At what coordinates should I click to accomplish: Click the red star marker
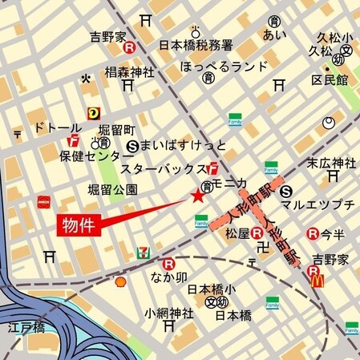197,196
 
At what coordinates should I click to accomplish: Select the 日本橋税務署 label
196,45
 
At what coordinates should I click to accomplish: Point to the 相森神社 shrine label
129,72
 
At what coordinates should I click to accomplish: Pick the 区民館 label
330,81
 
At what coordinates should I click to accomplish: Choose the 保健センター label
90,156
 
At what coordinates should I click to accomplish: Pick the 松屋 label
237,234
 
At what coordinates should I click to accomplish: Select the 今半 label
333,234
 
